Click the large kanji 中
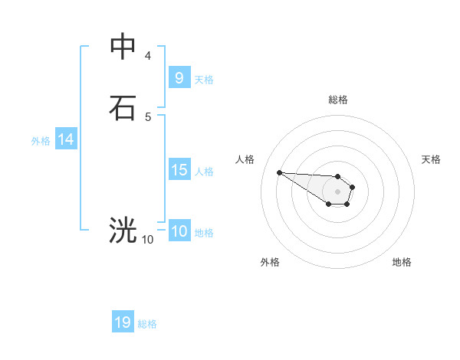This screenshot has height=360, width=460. point(123,46)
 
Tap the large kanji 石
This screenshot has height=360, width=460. point(123,107)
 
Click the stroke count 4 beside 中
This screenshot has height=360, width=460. point(148,56)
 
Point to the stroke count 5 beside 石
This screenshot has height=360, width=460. point(148,116)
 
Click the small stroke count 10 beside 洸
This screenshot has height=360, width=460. point(147,240)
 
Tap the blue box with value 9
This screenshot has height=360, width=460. point(179,77)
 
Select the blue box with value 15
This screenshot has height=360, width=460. point(179,170)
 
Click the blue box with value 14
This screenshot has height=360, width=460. point(65,139)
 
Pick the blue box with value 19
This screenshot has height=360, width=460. point(123,322)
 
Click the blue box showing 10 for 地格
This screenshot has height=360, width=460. point(179,231)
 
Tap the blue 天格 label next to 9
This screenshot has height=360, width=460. point(204,79)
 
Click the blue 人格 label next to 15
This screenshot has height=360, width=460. point(204,172)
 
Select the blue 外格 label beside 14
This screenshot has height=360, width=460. point(40,141)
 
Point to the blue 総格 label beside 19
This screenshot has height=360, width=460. point(147,324)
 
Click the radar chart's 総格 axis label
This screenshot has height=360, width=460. point(337,100)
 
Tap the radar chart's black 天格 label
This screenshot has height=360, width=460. point(431,159)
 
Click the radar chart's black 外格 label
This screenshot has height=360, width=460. point(269,262)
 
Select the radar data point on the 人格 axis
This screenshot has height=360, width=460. point(279,172)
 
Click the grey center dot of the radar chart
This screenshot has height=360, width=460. point(337,191)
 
